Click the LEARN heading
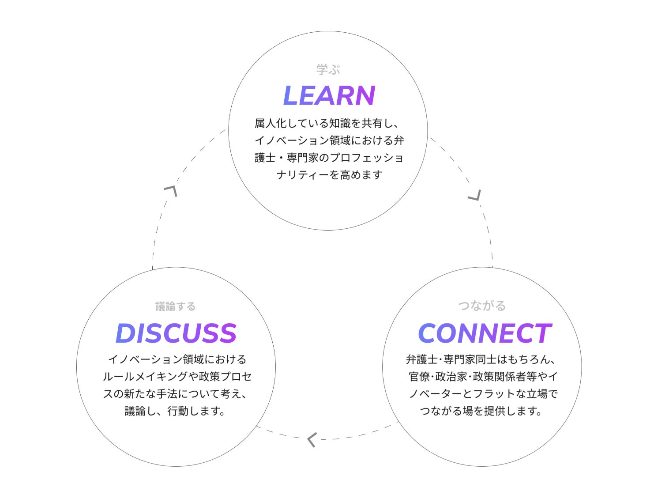pyautogui.click(x=329, y=96)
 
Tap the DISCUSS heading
pyautogui.click(x=176, y=333)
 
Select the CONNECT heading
pyautogui.click(x=484, y=333)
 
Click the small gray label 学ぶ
pyautogui.click(x=328, y=69)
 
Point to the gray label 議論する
pyautogui.click(x=175, y=306)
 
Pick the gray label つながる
pyautogui.click(x=481, y=306)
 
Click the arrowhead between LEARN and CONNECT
pyautogui.click(x=475, y=195)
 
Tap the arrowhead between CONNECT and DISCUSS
pyautogui.click(x=312, y=440)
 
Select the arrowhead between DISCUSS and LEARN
pyautogui.click(x=171, y=190)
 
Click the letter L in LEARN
pyautogui.click(x=291, y=96)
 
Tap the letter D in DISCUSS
pyautogui.click(x=125, y=333)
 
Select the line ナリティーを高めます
pyautogui.click(x=329, y=175)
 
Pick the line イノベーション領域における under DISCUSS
pyautogui.click(x=177, y=359)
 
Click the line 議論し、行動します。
pyautogui.click(x=175, y=411)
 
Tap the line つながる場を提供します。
pyautogui.click(x=481, y=411)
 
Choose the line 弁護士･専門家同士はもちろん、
pyautogui.click(x=481, y=359)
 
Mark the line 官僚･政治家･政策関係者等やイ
pyautogui.click(x=483, y=377)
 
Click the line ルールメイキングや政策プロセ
pyautogui.click(x=177, y=377)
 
